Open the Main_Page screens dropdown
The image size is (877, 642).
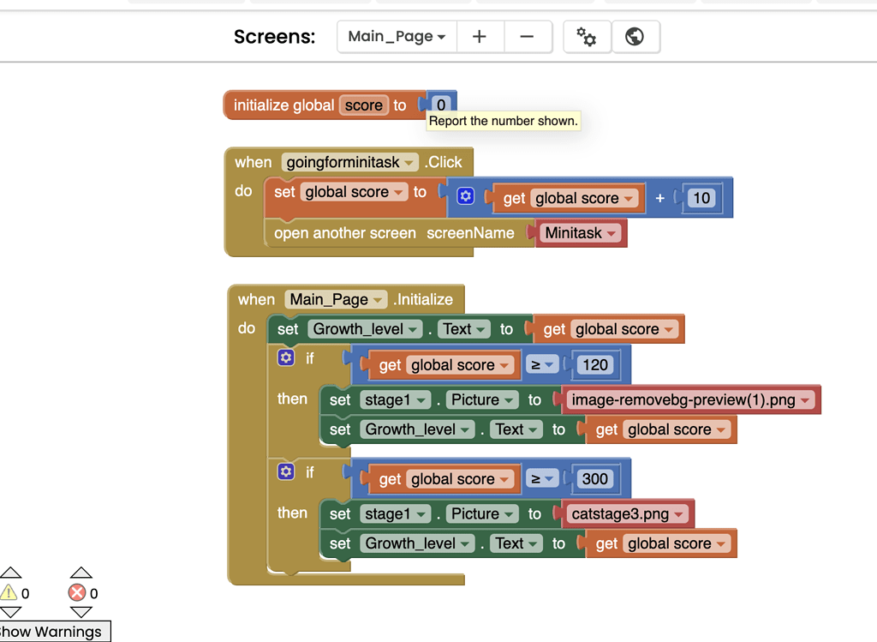click(397, 36)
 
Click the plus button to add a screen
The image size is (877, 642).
click(480, 36)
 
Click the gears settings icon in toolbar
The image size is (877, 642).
click(586, 36)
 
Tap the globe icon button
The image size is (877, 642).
click(635, 36)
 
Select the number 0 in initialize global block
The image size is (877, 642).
click(441, 105)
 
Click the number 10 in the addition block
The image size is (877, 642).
click(701, 198)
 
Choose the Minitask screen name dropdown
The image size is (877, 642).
click(581, 233)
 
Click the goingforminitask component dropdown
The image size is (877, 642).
click(349, 162)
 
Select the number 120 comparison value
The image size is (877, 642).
click(595, 365)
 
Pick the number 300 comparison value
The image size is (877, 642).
click(594, 479)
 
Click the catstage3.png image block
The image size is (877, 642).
click(626, 513)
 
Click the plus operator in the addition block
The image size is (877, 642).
click(660, 198)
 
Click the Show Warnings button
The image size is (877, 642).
click(54, 632)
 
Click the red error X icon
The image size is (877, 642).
click(77, 593)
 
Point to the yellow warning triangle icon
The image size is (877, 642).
click(9, 592)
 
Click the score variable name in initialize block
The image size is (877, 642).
click(363, 105)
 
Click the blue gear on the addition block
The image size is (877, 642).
click(465, 196)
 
